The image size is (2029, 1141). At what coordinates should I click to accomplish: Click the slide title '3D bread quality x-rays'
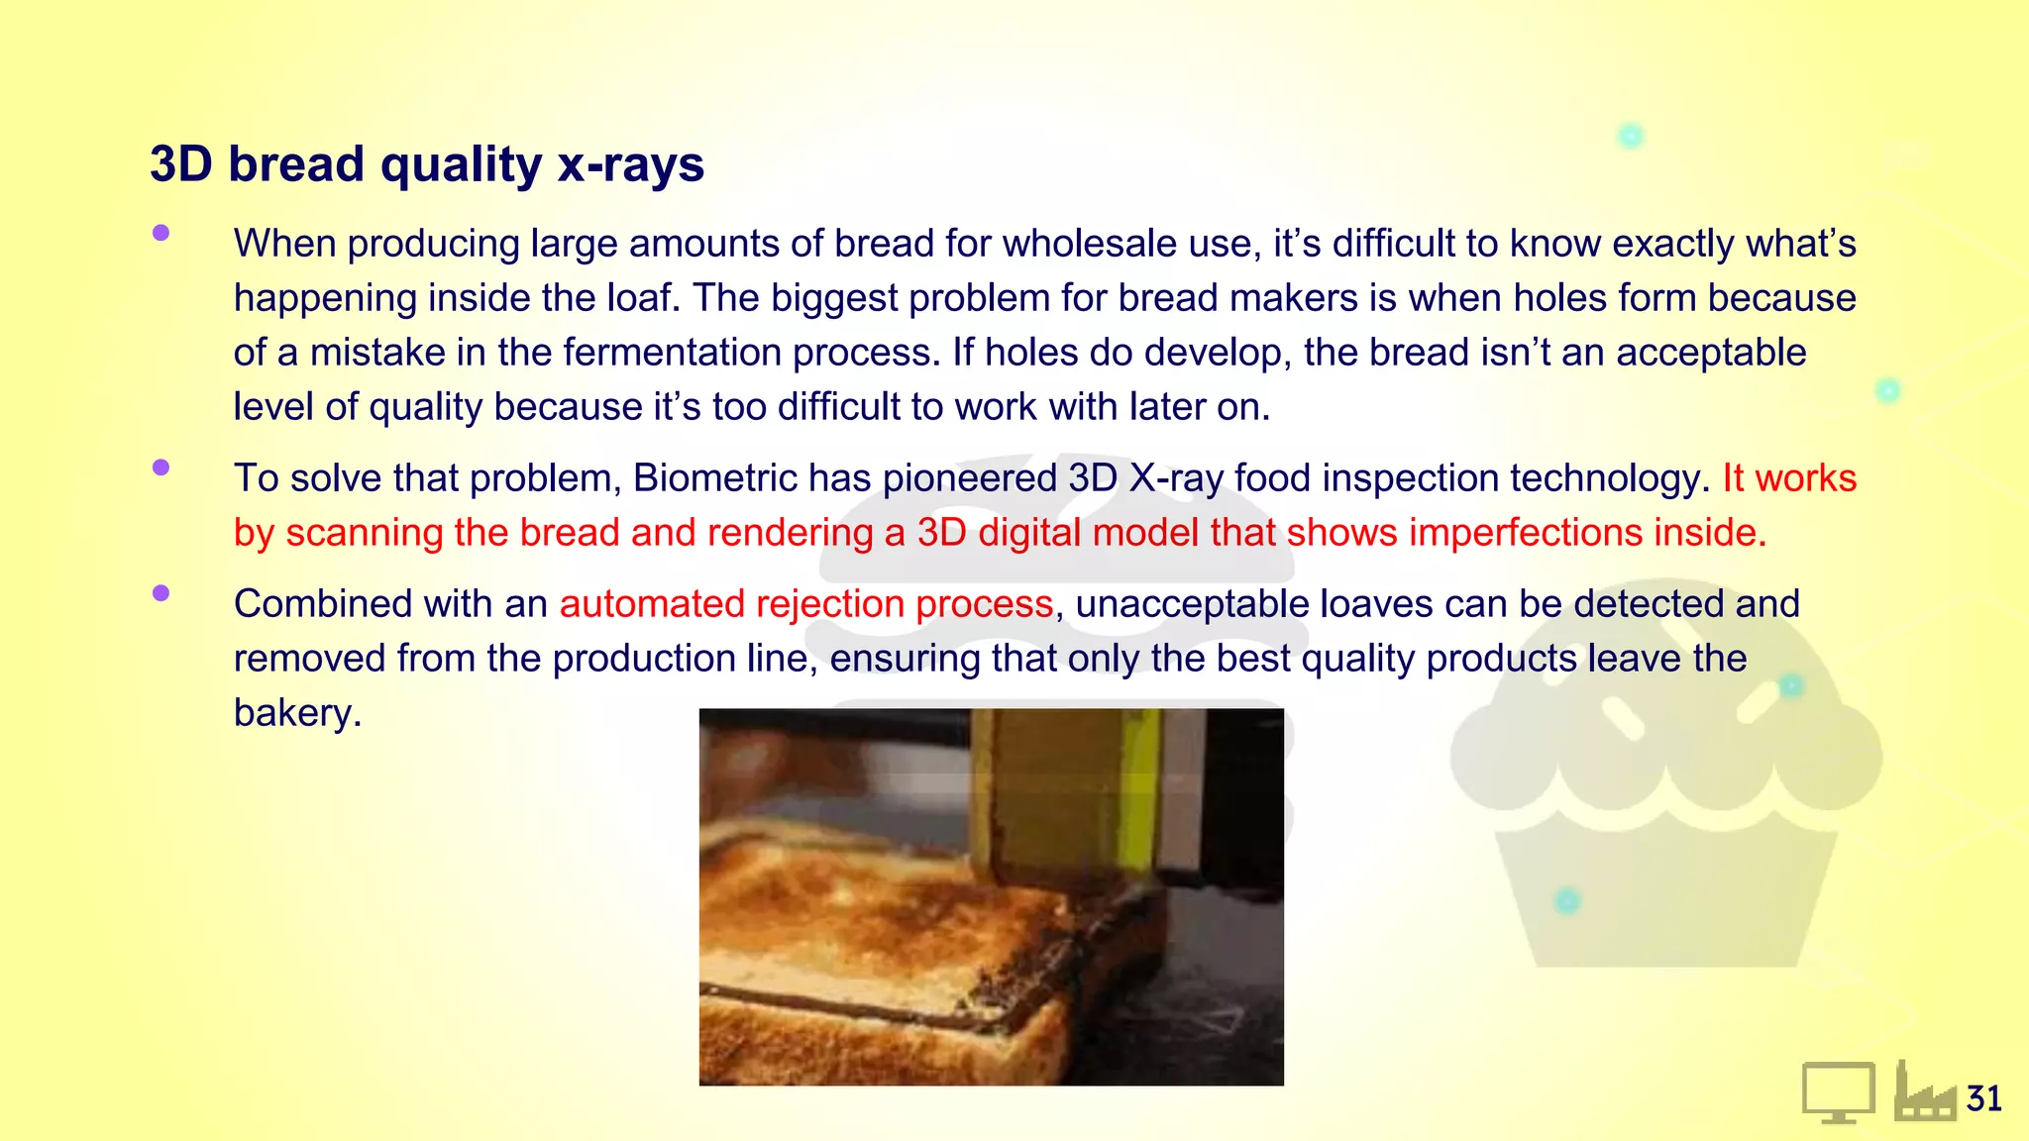click(426, 164)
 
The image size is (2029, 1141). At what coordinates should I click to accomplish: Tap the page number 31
click(1983, 1098)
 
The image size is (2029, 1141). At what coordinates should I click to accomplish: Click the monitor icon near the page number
click(1838, 1091)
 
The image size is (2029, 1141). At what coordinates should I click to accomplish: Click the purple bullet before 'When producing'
click(161, 234)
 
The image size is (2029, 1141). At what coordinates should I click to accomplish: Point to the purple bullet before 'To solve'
click(161, 467)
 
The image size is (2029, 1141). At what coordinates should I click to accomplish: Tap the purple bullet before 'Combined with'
click(161, 593)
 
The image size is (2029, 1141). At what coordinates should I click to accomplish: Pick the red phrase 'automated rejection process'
click(805, 604)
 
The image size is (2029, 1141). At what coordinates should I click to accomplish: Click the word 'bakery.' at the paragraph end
click(297, 713)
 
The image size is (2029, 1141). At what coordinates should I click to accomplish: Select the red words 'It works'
click(1788, 478)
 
